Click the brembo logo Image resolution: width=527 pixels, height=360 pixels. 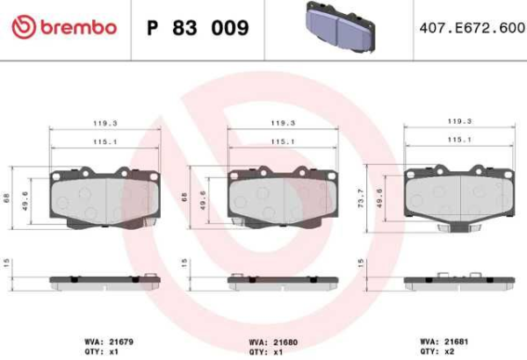tap(64, 27)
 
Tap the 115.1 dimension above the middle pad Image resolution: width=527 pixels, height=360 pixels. tap(281, 140)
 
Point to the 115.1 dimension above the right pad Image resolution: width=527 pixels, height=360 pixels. tap(458, 140)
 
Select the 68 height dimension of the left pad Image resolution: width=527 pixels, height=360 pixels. tap(7, 198)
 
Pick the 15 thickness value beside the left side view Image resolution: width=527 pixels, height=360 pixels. tap(7, 263)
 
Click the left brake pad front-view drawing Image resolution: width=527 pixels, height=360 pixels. tap(104, 197)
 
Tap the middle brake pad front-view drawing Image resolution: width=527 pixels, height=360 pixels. tap(281, 197)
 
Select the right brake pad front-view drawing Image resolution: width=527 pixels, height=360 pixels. tap(457, 197)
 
